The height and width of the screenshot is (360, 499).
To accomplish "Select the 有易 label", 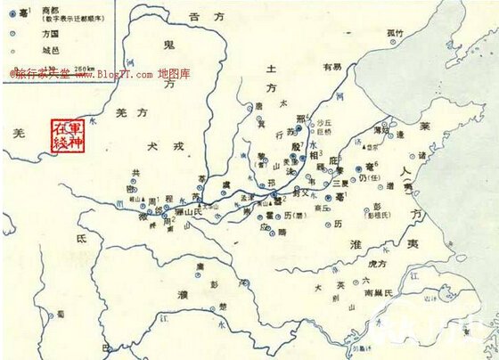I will [331, 66].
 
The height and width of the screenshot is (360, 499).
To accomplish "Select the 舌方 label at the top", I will [199, 16].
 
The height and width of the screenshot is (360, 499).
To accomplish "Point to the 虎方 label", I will [376, 264].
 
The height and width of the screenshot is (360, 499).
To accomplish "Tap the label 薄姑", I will [381, 130].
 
